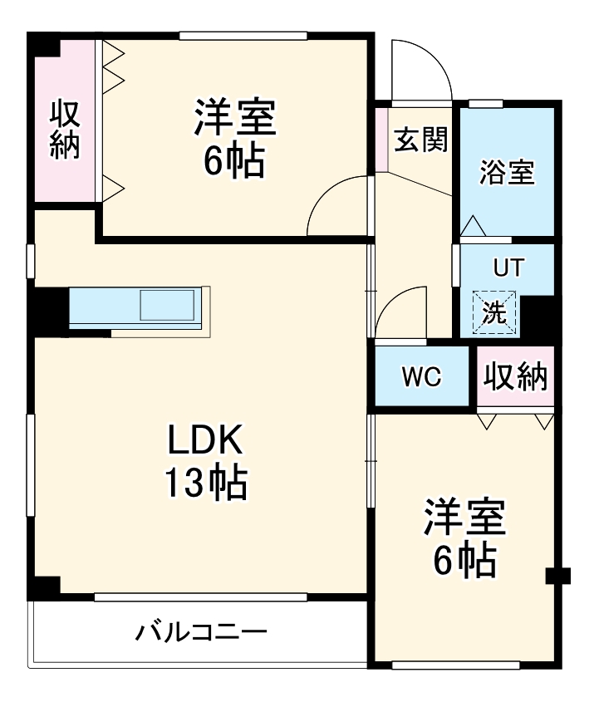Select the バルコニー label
click(x=202, y=632)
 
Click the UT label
click(x=509, y=268)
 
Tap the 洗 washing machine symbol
click(x=494, y=313)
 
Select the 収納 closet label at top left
click(x=64, y=129)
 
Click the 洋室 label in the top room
click(x=235, y=119)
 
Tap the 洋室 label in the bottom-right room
click(x=464, y=520)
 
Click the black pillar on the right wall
click(x=558, y=575)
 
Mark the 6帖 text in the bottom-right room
click(x=464, y=562)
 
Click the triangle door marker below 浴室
click(x=472, y=225)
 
